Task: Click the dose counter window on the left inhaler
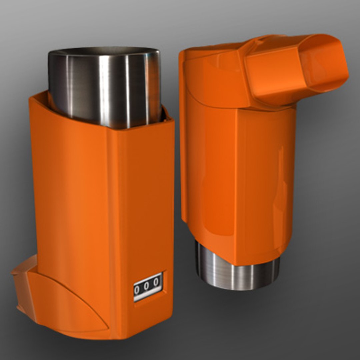click(148, 287)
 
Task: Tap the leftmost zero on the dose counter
click(137, 290)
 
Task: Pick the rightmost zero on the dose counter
click(156, 282)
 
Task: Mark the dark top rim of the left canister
click(103, 52)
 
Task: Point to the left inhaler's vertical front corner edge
click(113, 233)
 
